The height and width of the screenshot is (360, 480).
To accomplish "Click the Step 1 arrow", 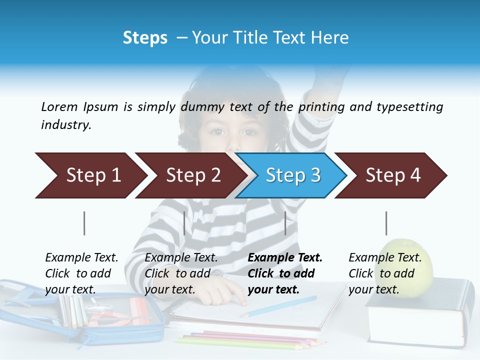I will pyautogui.click(x=90, y=175).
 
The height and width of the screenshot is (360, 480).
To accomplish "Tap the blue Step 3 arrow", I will pyautogui.click(x=291, y=175).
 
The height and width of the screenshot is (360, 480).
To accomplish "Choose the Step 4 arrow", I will pyautogui.click(x=391, y=175).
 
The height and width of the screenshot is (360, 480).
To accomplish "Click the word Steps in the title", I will pyautogui.click(x=145, y=38).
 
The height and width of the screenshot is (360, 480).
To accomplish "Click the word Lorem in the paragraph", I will pyautogui.click(x=59, y=106).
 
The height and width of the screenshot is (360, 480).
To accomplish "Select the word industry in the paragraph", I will pyautogui.click(x=65, y=125).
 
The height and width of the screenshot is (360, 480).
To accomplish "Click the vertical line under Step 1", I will pyautogui.click(x=84, y=223).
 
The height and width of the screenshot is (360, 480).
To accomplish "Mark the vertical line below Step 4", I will pyautogui.click(x=386, y=223).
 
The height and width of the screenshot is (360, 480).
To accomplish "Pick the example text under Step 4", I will pyautogui.click(x=385, y=273).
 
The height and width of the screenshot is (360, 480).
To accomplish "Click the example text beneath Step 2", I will pyautogui.click(x=181, y=273).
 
